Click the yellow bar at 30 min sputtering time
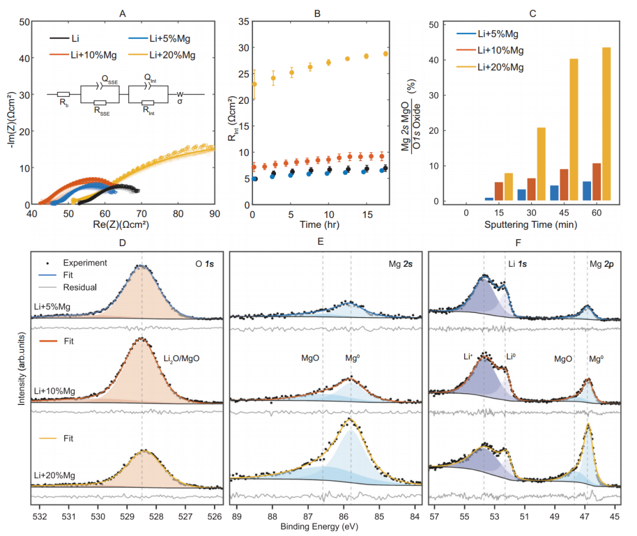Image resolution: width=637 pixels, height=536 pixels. pos(541,165)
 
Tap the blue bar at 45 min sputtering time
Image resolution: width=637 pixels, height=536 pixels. pos(554,195)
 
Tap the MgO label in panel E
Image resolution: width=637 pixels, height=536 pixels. pos(311,358)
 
